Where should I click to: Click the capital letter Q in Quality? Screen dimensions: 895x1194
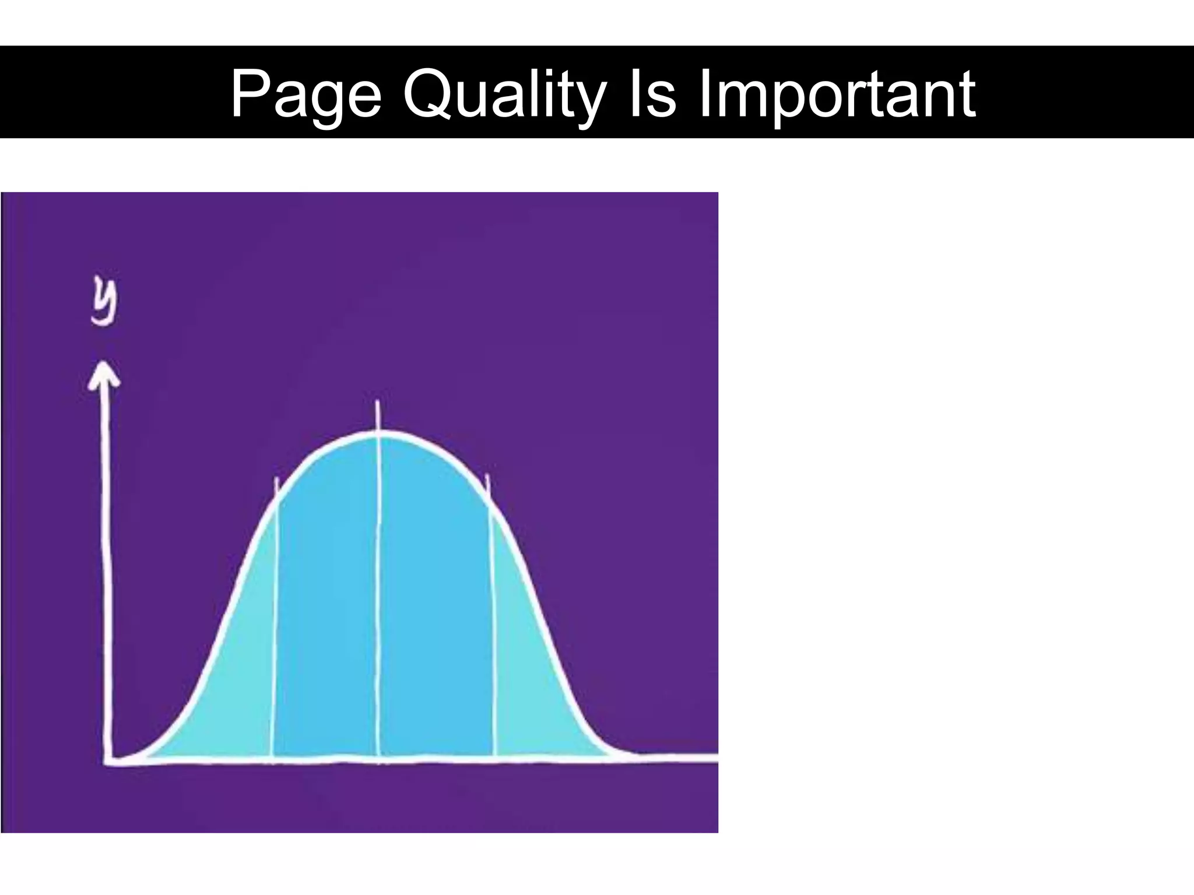point(430,93)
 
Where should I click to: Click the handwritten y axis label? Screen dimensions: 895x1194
point(105,303)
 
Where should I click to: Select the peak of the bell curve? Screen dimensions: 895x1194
point(379,432)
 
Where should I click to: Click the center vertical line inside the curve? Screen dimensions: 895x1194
point(379,583)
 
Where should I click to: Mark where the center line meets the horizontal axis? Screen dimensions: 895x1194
point(379,759)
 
